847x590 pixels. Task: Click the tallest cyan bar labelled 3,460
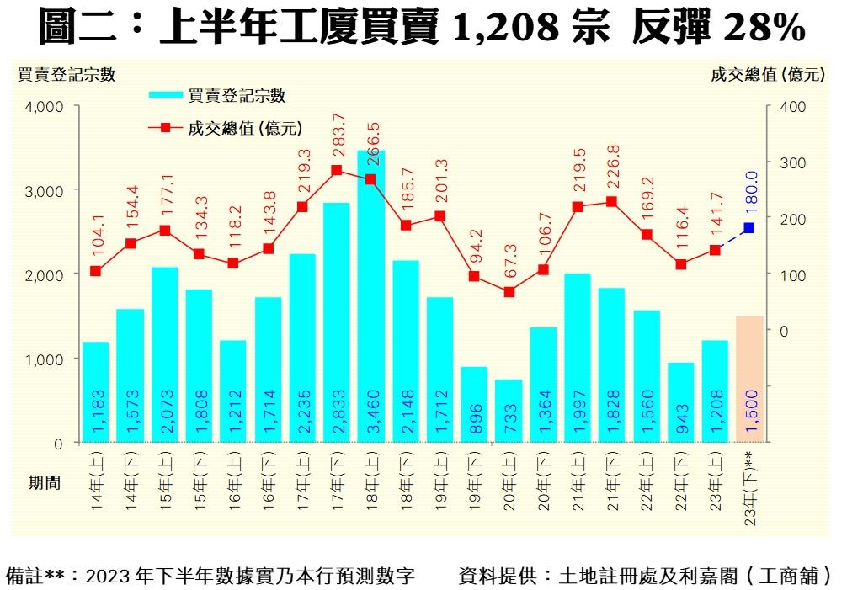pos(370,295)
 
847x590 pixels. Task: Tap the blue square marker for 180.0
pos(748,228)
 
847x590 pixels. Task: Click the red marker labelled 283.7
pos(337,170)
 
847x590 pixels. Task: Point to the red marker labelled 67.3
pos(509,292)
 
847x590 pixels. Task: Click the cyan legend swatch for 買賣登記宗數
pos(167,95)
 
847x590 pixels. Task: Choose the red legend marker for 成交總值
pos(165,128)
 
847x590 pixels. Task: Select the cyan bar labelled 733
pos(509,411)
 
